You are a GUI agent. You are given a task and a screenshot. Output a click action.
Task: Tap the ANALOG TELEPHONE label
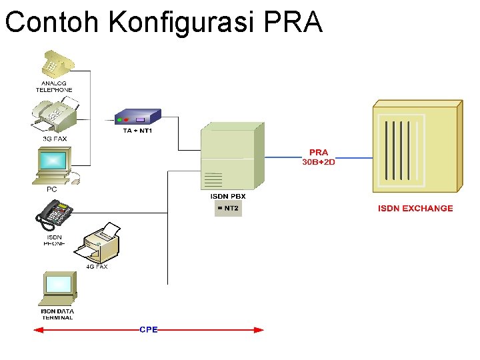click(54, 87)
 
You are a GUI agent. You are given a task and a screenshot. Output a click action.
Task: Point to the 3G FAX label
click(55, 139)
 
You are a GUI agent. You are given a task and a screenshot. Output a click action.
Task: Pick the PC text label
click(51, 189)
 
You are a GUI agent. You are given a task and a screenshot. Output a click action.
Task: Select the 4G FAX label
click(97, 267)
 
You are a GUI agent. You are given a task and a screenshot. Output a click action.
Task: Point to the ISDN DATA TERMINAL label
click(57, 314)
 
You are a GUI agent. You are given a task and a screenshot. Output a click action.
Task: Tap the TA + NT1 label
click(137, 131)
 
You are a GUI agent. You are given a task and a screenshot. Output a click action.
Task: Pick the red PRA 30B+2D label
click(319, 157)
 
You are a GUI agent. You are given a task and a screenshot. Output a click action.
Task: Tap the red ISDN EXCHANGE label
click(415, 209)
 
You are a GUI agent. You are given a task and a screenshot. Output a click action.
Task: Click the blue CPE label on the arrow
click(148, 329)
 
